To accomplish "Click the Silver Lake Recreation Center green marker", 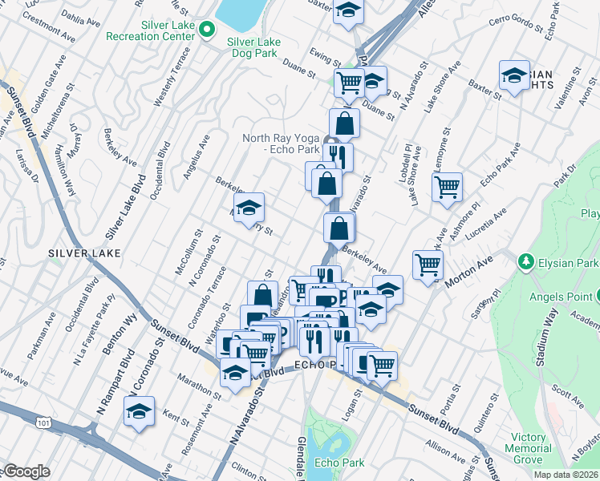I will point(208,30).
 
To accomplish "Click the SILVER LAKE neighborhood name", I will point(84,253).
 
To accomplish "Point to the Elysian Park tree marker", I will point(525,261).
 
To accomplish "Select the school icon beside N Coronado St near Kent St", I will point(138,412).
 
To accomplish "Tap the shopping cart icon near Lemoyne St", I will point(447,187).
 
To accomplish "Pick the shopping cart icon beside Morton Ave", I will point(428,263).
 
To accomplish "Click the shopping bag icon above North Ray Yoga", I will point(344,123).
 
